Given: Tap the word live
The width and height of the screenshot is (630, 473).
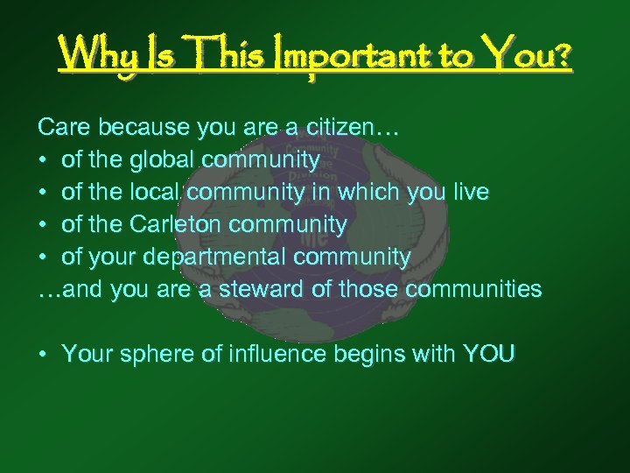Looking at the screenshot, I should [471, 193].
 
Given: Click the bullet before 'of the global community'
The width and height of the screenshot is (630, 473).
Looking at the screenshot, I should [42, 161].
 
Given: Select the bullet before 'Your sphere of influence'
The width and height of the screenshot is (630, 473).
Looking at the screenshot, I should [42, 355].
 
